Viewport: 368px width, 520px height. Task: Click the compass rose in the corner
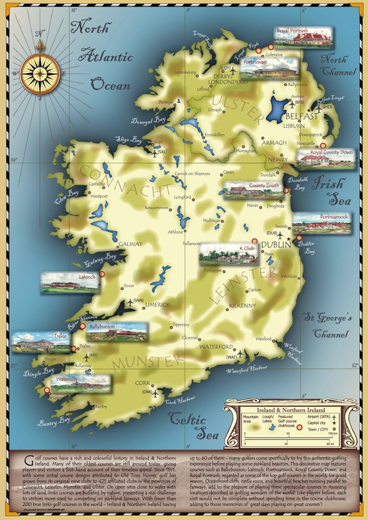coord(40,73)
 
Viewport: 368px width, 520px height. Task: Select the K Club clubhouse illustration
coord(226,255)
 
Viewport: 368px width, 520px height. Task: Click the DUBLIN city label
coord(274,243)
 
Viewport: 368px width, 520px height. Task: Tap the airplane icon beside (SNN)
coord(130,302)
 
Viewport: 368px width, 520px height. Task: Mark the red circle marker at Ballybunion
coord(82,326)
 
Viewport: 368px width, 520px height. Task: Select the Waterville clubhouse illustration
coord(78,384)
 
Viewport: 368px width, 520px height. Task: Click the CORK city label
coord(142,383)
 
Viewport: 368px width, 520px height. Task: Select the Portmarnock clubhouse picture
coord(321,224)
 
